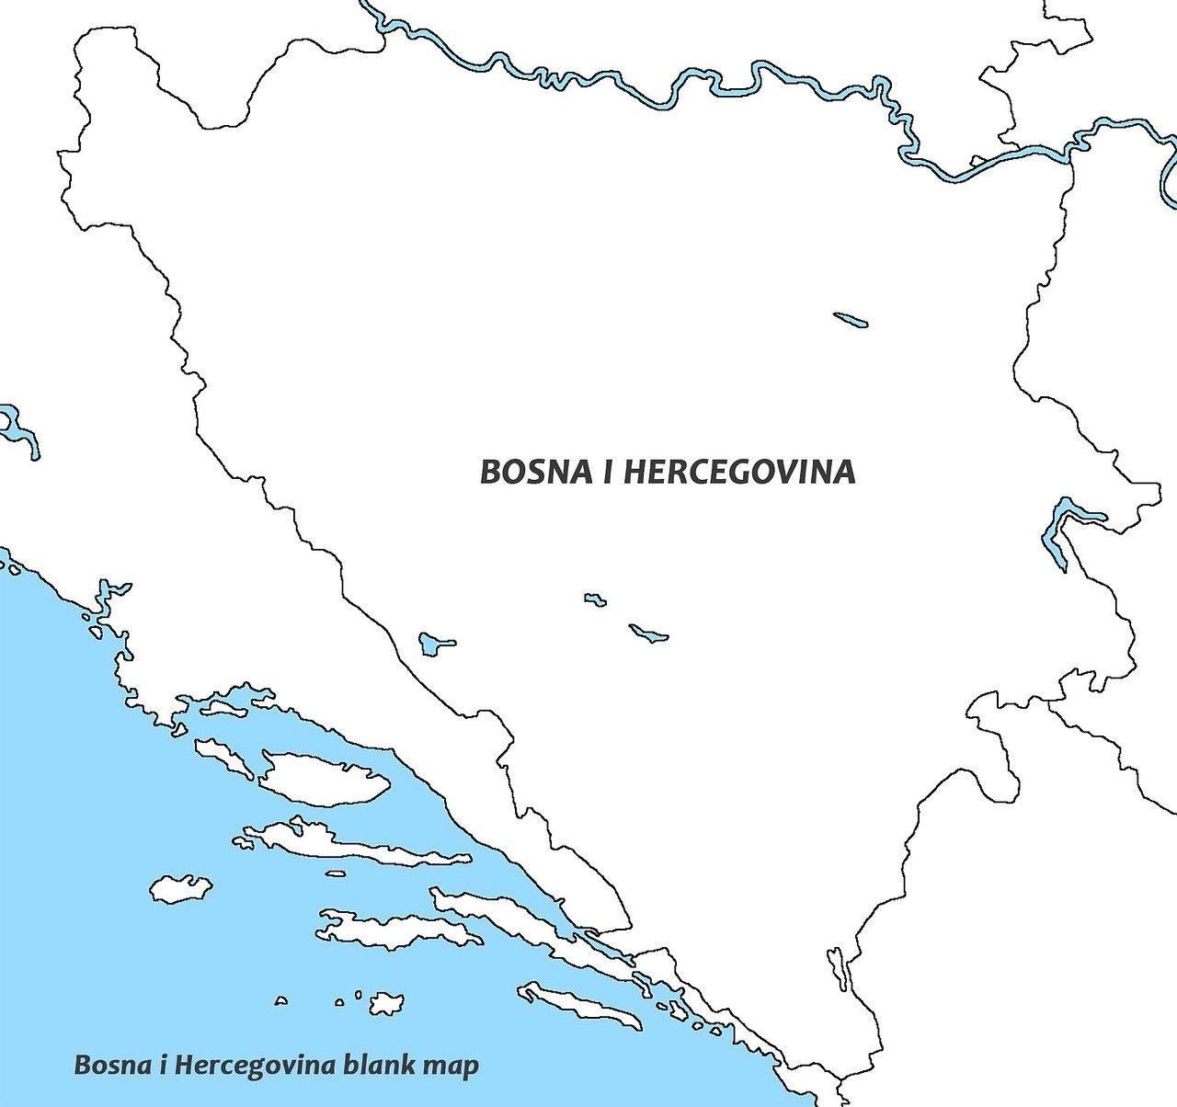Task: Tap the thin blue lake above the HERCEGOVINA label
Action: point(851,320)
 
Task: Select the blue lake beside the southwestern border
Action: point(432,642)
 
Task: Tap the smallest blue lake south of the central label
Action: point(595,599)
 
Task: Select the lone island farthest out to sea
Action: point(181,888)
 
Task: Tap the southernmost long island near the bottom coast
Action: point(579,1007)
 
